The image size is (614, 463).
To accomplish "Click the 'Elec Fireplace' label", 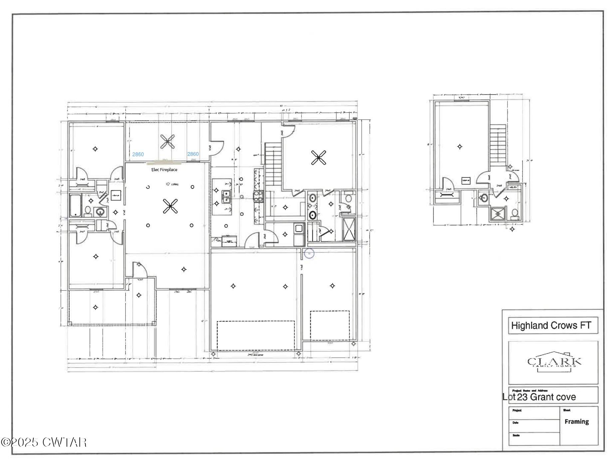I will pos(164,170).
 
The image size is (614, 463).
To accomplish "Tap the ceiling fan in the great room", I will pos(170,206).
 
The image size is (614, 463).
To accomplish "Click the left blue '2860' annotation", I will pos(138,154).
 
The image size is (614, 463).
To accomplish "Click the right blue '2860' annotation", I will pos(193,154).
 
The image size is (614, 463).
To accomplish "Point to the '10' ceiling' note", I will pos(172,184).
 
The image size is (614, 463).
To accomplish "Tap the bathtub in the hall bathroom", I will pos(76,206).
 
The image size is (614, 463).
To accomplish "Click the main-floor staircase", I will pos(273,165).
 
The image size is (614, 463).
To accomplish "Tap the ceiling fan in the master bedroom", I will pos(318,158).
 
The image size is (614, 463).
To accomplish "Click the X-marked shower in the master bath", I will pos(349,229).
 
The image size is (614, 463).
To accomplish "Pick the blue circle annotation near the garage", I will pos(309,254).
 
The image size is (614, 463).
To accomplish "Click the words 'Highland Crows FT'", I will pos(551,325).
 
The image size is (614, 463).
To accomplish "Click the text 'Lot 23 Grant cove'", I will pos(539,397).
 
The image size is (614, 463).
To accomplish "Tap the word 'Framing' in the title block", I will pos(576,422).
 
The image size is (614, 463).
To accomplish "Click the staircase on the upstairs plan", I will pos(497,144).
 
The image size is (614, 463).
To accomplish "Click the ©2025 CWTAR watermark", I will pos(44,442).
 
